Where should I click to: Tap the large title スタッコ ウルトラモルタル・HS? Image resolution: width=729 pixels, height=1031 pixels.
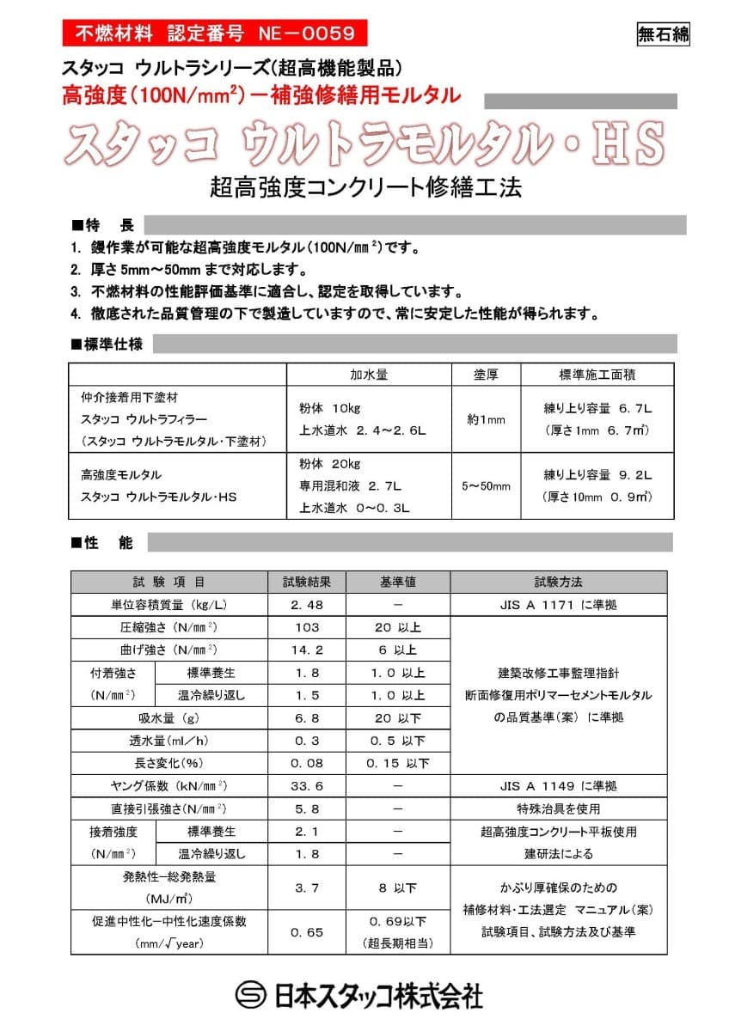[x=364, y=143]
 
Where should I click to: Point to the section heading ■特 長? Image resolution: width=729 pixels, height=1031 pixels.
[x=102, y=225]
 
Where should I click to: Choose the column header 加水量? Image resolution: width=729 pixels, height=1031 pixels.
[x=369, y=375]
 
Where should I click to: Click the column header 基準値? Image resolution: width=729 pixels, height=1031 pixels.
[x=397, y=582]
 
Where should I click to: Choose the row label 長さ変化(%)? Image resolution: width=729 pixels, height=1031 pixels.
[x=168, y=763]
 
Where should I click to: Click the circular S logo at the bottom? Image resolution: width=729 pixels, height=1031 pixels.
[x=251, y=995]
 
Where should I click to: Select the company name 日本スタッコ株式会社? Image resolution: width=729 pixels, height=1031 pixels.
[x=379, y=995]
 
